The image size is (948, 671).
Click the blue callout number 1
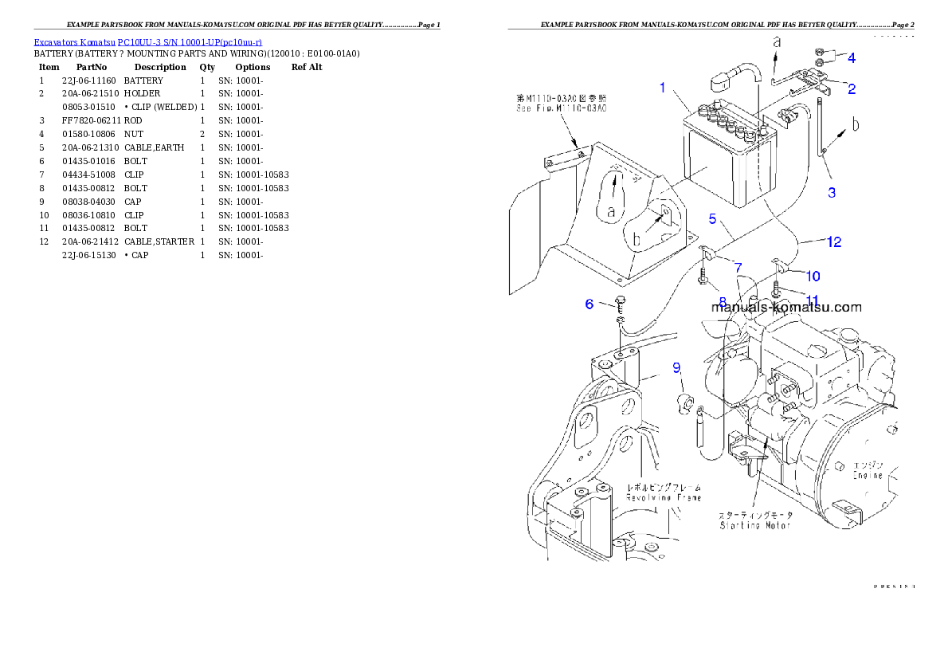[662, 88]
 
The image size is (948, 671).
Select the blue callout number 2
[852, 89]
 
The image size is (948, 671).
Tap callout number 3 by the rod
[831, 192]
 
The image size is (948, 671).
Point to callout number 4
[852, 58]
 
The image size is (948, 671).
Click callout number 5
[713, 218]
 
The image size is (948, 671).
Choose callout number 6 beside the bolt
[590, 304]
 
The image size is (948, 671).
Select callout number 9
[676, 367]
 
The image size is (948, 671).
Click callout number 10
[813, 276]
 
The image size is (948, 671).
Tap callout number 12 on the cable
[833, 241]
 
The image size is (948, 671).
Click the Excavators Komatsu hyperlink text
[147, 41]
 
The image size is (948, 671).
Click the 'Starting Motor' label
[755, 520]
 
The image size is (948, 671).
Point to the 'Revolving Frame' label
[664, 492]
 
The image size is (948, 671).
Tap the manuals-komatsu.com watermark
[786, 307]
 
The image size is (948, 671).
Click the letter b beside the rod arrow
[856, 124]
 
